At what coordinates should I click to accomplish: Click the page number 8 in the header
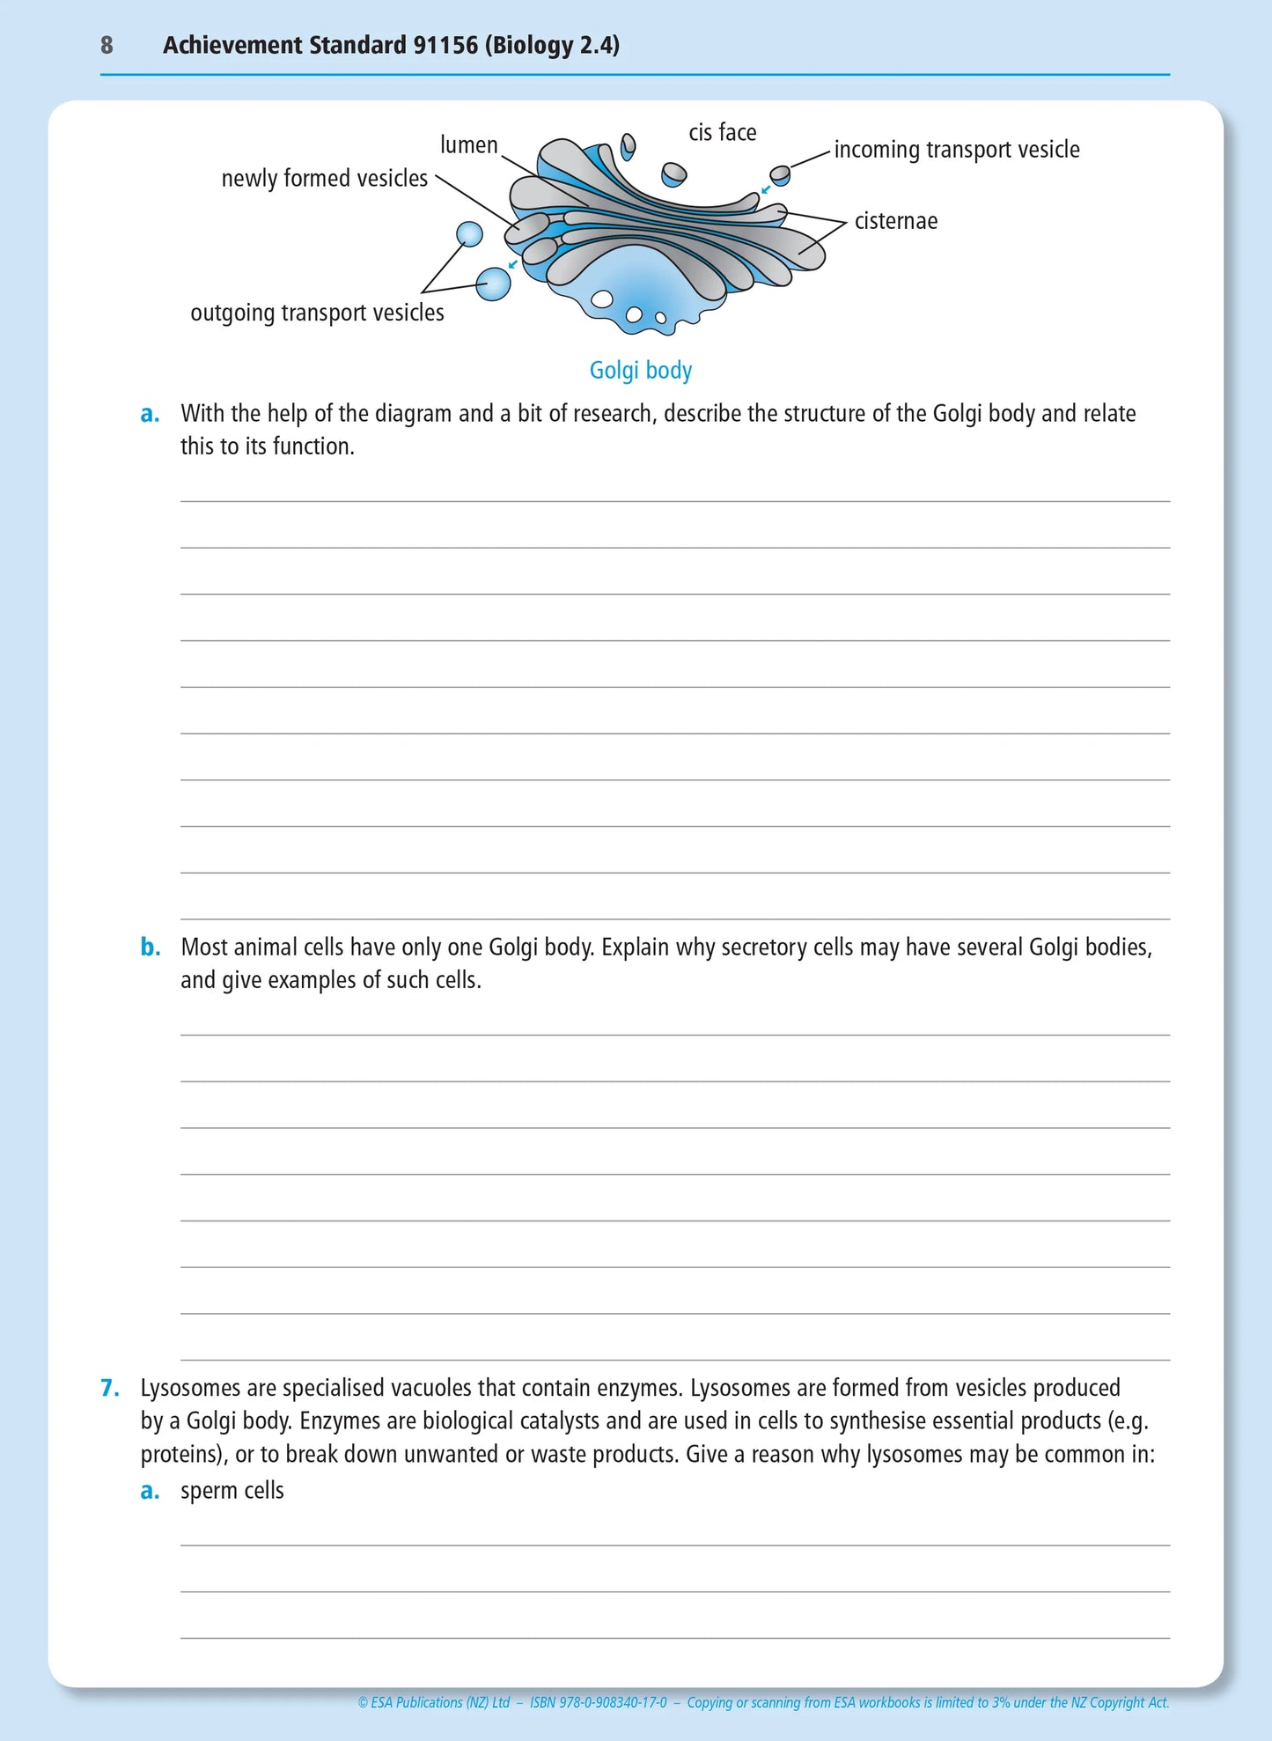click(107, 45)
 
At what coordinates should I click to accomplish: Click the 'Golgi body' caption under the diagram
click(640, 371)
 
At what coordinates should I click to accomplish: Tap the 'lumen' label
click(468, 145)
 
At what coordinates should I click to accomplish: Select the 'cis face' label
click(722, 133)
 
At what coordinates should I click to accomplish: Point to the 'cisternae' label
click(895, 221)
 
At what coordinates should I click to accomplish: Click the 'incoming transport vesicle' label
click(956, 150)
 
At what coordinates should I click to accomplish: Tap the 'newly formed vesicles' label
click(324, 179)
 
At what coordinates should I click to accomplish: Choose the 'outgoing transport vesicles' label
click(317, 313)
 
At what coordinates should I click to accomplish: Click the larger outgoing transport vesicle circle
click(493, 284)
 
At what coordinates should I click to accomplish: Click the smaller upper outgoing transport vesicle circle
click(469, 234)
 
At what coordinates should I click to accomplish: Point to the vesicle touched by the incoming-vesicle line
click(780, 175)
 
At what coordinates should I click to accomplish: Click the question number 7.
click(109, 1389)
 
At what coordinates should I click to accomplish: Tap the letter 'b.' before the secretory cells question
click(151, 948)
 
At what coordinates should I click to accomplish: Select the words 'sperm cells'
click(232, 1491)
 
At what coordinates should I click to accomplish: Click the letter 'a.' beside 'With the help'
click(151, 414)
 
